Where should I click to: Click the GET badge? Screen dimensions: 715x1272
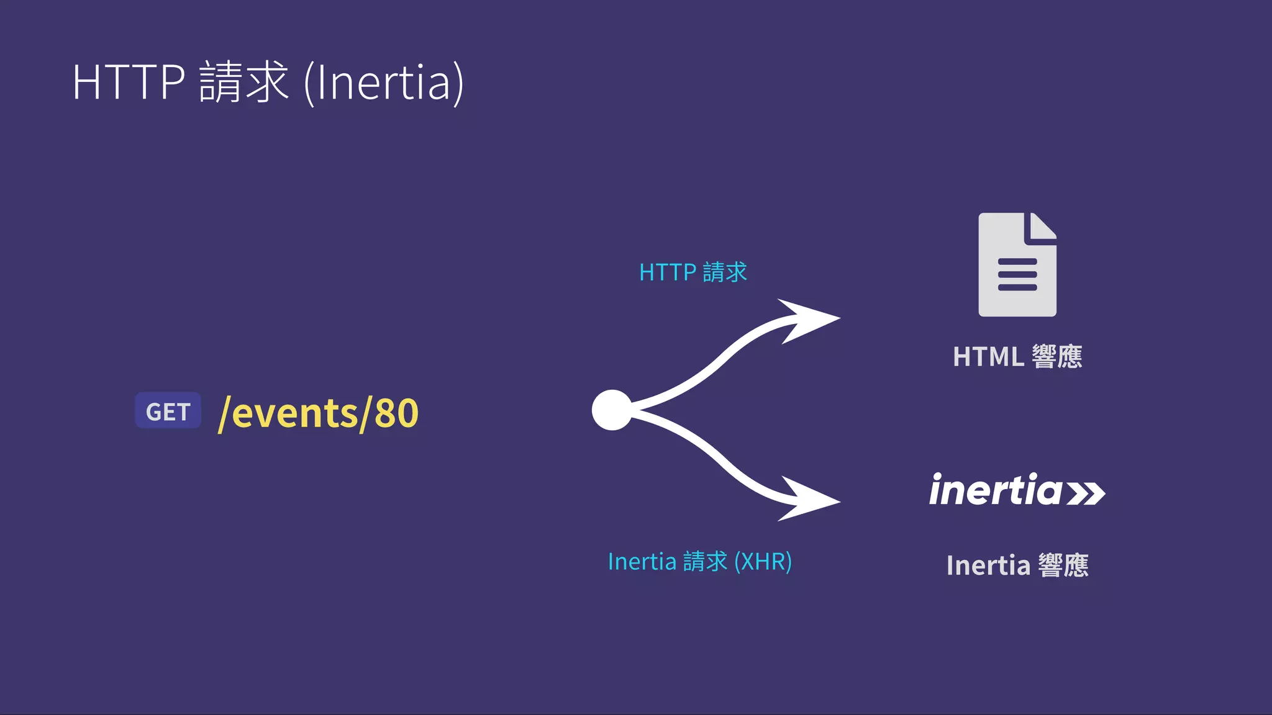tap(168, 411)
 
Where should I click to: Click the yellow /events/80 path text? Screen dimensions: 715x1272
tap(319, 413)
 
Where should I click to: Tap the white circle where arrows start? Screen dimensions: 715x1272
tap(612, 410)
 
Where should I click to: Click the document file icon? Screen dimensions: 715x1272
tap(1017, 265)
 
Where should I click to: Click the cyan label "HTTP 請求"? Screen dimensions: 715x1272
tap(693, 272)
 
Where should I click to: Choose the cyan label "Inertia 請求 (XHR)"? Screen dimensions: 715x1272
tap(699, 562)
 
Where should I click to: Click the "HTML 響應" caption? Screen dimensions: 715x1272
tap(1017, 357)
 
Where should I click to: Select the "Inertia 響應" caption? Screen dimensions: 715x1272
tap(1017, 565)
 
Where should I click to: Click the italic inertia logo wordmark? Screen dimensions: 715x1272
tap(996, 490)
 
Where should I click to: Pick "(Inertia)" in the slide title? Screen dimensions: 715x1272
tap(383, 83)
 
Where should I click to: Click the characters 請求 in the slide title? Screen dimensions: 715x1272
tap(243, 82)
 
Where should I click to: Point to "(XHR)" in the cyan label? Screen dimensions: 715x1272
tap(763, 562)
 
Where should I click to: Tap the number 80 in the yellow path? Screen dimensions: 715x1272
tap(396, 413)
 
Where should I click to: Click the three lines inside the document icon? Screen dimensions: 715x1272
tap(1017, 274)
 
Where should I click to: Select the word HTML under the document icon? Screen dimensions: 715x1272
tap(988, 357)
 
